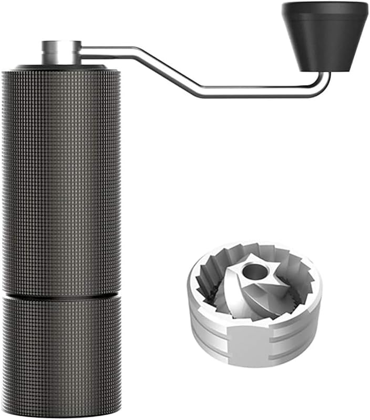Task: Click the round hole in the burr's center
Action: (254, 271)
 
